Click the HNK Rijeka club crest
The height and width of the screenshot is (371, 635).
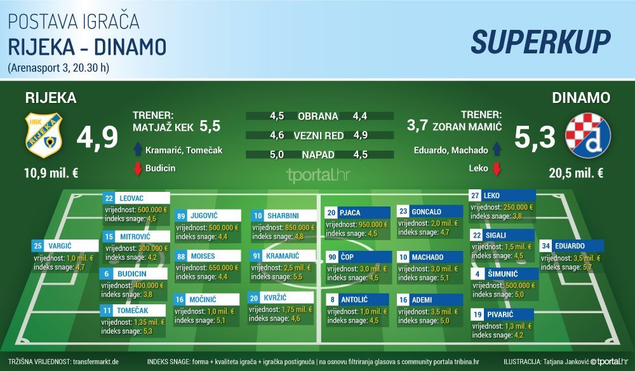pyautogui.click(x=43, y=135)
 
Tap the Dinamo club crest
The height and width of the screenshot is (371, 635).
pyautogui.click(x=587, y=135)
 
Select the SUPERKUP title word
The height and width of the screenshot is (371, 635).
pyautogui.click(x=540, y=42)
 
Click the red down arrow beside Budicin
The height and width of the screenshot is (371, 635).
pyautogui.click(x=138, y=168)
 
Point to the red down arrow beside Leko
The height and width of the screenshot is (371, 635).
pyautogui.click(x=497, y=168)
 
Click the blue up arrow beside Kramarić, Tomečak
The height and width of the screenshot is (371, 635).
pyautogui.click(x=138, y=149)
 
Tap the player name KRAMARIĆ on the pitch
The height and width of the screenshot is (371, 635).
pyautogui.click(x=283, y=256)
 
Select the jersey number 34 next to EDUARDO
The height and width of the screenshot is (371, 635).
pyautogui.click(x=546, y=246)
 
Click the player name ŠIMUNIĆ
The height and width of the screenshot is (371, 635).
pyautogui.click(x=502, y=274)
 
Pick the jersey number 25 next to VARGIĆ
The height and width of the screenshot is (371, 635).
pyautogui.click(x=38, y=246)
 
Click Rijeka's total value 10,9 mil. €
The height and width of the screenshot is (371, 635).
pyautogui.click(x=51, y=173)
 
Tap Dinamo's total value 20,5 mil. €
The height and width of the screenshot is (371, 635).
pyautogui.click(x=577, y=173)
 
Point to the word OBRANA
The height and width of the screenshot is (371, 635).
pyautogui.click(x=318, y=116)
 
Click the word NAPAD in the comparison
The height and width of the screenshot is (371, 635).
pyautogui.click(x=318, y=155)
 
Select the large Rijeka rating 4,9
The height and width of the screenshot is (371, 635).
pyautogui.click(x=97, y=138)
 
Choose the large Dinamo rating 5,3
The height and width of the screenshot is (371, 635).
pyautogui.click(x=535, y=137)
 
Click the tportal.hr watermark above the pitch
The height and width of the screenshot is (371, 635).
pyautogui.click(x=318, y=175)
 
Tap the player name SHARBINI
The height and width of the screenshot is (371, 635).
pyautogui.click(x=283, y=216)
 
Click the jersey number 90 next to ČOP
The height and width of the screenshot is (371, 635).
pyautogui.click(x=333, y=257)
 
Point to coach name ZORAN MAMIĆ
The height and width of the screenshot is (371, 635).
pyautogui.click(x=467, y=127)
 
